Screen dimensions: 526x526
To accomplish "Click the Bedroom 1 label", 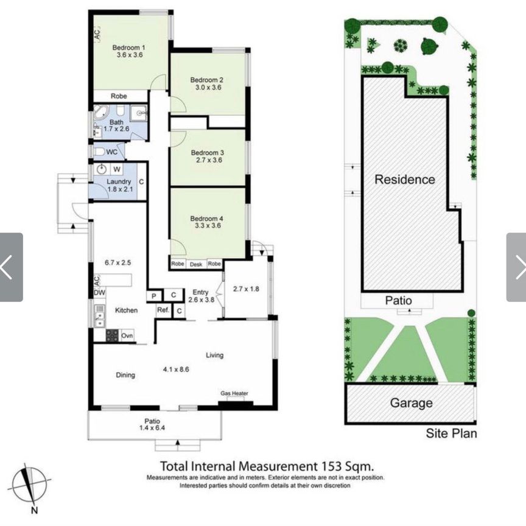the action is click(129, 47).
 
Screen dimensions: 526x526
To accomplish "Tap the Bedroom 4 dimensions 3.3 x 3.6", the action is click(208, 225).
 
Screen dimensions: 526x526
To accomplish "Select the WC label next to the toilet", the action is click(111, 152).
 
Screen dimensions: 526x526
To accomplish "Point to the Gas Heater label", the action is click(234, 393).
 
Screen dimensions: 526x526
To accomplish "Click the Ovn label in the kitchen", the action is click(127, 335).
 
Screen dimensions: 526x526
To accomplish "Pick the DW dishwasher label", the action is click(99, 292).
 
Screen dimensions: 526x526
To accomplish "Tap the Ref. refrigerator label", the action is click(163, 310).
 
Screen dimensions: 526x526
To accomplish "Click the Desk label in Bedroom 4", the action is click(196, 264).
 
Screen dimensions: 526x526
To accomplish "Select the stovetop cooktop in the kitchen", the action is click(112, 335).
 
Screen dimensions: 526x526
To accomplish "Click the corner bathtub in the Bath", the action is click(100, 113).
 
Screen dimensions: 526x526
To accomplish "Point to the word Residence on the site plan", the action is click(405, 180).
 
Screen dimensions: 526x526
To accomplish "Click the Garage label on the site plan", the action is click(412, 403).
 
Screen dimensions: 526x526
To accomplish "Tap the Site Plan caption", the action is click(451, 433).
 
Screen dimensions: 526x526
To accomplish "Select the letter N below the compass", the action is click(34, 510).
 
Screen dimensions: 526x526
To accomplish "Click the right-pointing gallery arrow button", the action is click(516, 267).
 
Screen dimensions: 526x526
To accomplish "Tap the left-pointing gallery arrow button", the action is click(11, 267).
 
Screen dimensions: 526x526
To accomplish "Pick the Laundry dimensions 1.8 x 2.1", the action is click(121, 189).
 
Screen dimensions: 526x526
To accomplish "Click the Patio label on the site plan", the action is click(398, 300).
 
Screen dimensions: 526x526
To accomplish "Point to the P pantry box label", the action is click(154, 295).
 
